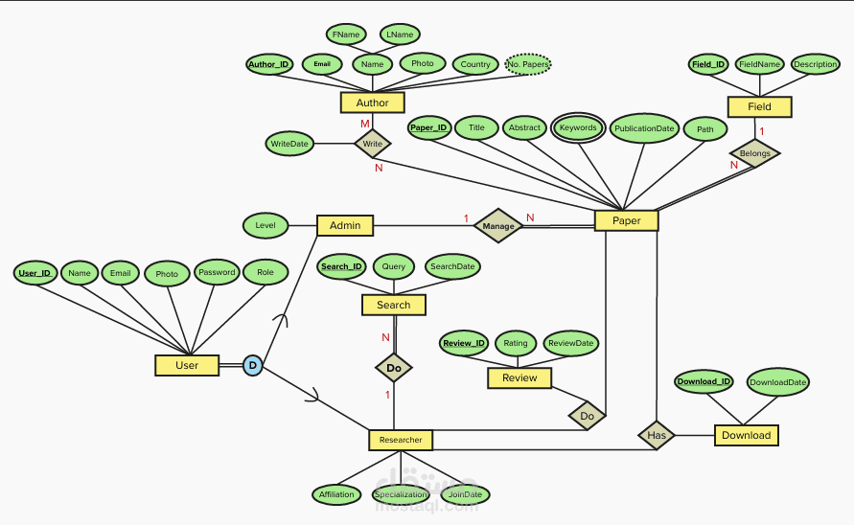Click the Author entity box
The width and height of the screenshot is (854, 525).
coord(372,103)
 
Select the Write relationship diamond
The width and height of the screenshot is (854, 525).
coord(372,145)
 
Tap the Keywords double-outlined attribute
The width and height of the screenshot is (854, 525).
coord(578,127)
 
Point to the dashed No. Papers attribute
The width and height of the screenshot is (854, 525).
coord(527,65)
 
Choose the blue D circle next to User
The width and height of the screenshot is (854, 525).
coord(252,365)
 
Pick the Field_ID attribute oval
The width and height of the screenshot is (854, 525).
coord(708,64)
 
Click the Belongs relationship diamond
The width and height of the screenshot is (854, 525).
coord(753,153)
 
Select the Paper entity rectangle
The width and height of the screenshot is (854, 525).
coord(626,221)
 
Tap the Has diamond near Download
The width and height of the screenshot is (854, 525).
coord(657,435)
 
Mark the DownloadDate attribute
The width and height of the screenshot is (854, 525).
coord(777,381)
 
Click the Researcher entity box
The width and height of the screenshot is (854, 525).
coord(401,440)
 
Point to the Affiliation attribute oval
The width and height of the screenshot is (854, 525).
coord(336,494)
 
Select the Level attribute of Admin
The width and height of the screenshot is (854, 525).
coord(265,226)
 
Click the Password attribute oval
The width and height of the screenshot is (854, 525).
coord(217,272)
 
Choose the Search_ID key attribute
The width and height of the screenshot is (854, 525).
coord(341,267)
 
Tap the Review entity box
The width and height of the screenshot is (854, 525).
coord(519,378)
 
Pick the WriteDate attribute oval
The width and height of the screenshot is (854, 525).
coord(289,144)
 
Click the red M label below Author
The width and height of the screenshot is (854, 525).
coord(364,125)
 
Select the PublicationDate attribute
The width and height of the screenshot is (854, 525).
coord(645,127)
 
